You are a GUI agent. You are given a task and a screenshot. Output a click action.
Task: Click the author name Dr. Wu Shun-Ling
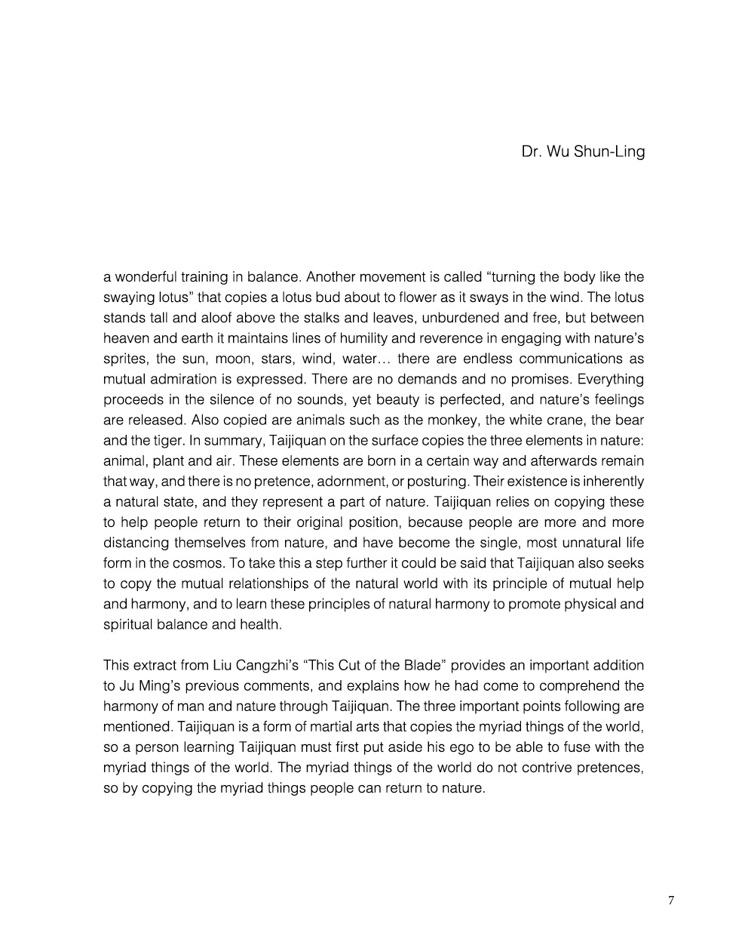[x=583, y=152]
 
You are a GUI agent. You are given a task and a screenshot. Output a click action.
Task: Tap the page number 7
[x=671, y=900]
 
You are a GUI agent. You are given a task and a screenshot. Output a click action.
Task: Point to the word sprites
[x=124, y=359]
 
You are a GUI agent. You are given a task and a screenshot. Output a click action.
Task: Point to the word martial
[x=356, y=727]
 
